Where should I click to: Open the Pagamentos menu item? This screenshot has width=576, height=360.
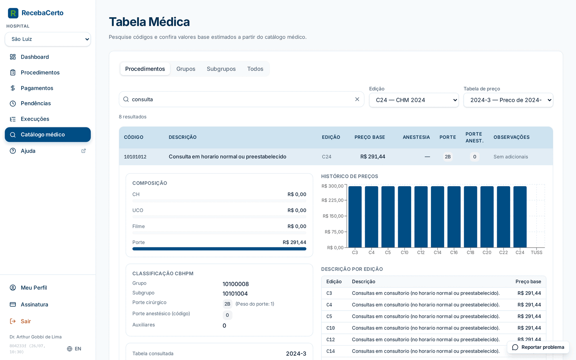[37, 88]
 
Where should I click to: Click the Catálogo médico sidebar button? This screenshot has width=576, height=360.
[48, 135]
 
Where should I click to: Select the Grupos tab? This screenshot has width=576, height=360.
[186, 69]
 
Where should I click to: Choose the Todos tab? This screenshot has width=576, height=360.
[255, 69]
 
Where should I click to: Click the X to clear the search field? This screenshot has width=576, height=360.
[357, 99]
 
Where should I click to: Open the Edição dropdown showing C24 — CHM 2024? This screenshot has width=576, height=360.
[414, 100]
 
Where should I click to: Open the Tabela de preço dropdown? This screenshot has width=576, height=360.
[508, 100]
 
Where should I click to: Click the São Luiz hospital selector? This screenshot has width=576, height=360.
[48, 39]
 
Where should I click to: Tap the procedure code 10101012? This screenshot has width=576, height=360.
[135, 157]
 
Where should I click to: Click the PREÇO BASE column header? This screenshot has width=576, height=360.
[369, 137]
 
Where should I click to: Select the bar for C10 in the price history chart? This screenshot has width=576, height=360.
[405, 217]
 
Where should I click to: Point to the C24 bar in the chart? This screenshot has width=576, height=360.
[520, 217]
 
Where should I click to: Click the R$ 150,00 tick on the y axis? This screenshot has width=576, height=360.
[333, 216]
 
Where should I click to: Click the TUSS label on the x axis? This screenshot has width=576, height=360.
[536, 252]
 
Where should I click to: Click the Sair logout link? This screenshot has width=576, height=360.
[26, 321]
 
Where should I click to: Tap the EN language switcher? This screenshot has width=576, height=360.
[74, 349]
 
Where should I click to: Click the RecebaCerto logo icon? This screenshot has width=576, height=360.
[13, 13]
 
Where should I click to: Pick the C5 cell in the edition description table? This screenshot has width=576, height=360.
[329, 316]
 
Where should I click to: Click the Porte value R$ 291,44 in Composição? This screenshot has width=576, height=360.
[294, 242]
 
